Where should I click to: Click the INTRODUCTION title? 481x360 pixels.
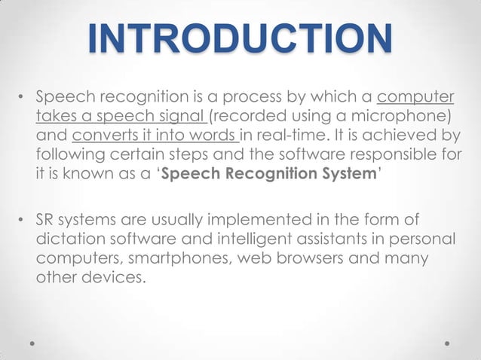click(240, 38)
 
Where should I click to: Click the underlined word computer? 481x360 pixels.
click(415, 98)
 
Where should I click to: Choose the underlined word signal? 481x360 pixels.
click(184, 117)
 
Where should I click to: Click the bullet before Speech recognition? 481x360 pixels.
click(22, 99)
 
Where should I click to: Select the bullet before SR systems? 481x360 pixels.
click(22, 220)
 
